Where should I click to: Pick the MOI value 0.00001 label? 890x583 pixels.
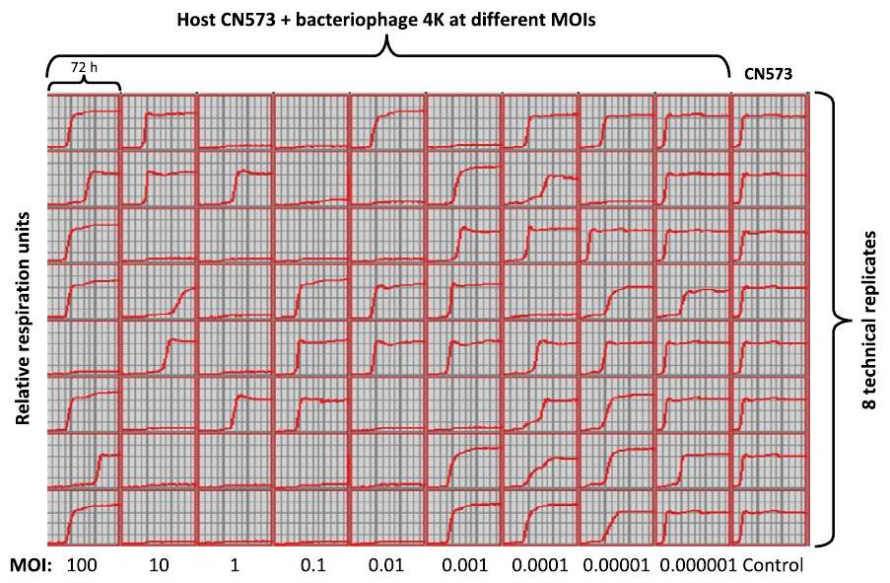pyautogui.click(x=615, y=566)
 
